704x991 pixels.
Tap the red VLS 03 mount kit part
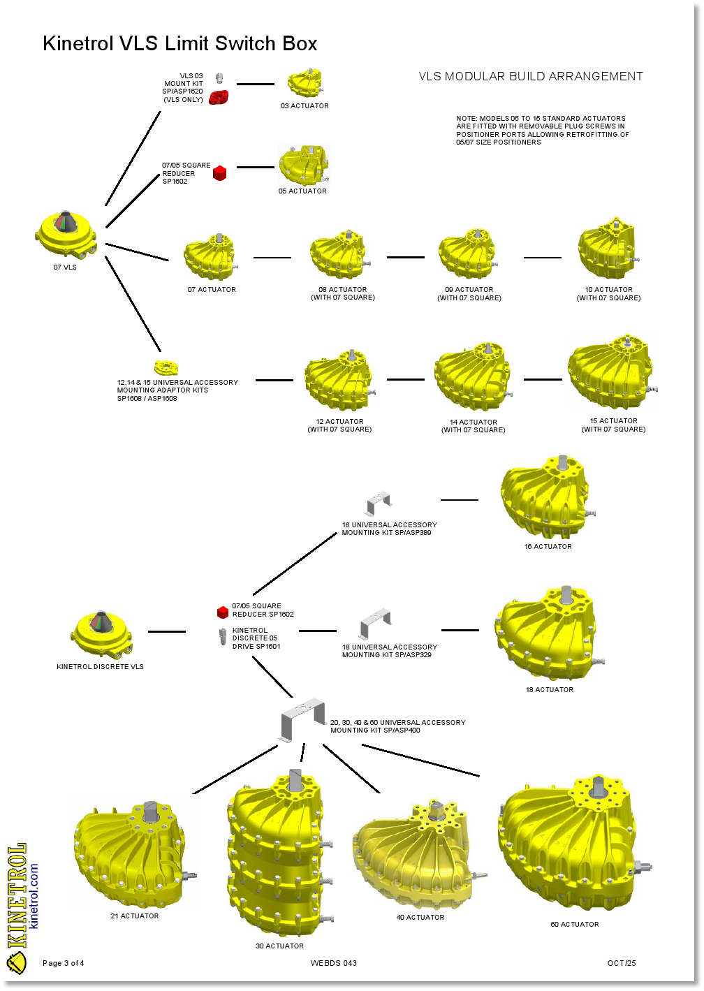coord(219,97)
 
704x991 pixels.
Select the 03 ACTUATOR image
coord(304,83)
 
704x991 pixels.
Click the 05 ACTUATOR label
coord(302,191)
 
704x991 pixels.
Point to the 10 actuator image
coord(607,249)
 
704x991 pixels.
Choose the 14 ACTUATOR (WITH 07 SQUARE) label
coord(473,426)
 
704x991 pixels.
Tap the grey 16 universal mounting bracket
coord(379,503)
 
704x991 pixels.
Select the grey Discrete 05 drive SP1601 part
coord(223,636)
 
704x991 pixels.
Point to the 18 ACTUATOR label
coord(550,689)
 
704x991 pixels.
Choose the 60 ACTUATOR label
coord(575,924)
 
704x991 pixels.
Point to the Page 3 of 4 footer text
coord(64,963)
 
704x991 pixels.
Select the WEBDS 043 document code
coord(334,963)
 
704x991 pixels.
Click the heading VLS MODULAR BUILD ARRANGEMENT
coord(531,77)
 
